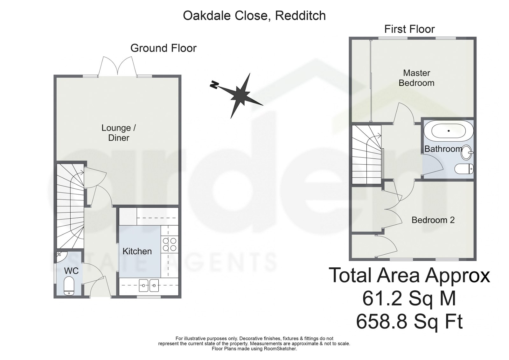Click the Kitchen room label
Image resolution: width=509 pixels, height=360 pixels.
point(137,251)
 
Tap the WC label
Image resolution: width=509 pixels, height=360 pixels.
point(71,271)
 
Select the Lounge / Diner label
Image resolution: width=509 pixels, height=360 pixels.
point(119,133)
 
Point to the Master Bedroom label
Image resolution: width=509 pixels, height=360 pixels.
point(416,78)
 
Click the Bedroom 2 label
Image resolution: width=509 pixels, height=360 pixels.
point(433,220)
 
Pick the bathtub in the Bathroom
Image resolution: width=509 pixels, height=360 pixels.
point(449,131)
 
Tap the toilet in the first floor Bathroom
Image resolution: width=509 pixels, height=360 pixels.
point(464,169)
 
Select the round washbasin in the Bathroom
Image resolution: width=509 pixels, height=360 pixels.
point(467,152)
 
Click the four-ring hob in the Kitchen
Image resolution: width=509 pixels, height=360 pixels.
point(170,244)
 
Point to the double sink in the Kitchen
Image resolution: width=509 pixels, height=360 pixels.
point(149,286)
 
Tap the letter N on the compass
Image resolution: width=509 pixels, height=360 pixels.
point(214,85)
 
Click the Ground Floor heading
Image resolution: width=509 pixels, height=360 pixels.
point(164,48)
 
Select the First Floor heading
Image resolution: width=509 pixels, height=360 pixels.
point(409,29)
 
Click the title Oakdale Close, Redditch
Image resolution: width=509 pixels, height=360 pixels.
point(254,16)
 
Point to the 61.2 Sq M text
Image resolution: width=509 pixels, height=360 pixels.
point(409,299)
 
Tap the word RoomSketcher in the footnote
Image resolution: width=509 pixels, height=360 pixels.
point(280,349)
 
